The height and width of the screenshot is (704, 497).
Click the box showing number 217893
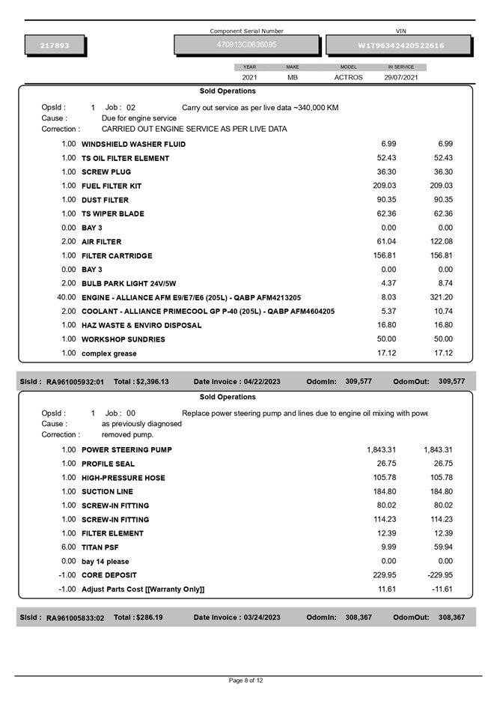(x=55, y=46)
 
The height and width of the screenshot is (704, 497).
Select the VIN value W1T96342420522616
(x=400, y=46)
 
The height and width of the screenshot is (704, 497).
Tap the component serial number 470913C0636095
(x=247, y=45)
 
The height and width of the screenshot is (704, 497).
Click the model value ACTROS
(x=348, y=77)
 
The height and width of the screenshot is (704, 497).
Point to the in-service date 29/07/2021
(x=401, y=77)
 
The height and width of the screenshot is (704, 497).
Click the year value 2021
(x=250, y=77)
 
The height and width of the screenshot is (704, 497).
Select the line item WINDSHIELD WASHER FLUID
(x=133, y=144)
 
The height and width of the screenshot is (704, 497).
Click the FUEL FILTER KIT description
(x=112, y=186)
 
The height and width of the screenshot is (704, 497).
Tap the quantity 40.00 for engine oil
(x=67, y=297)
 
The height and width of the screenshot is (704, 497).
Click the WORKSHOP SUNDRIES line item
(x=123, y=339)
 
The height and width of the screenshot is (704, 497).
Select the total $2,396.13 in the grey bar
(x=141, y=382)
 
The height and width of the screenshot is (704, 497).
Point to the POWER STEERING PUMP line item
(x=126, y=450)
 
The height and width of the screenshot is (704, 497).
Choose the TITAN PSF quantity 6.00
(x=68, y=547)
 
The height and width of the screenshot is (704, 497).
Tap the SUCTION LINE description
(x=107, y=492)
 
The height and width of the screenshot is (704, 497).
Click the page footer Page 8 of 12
(x=246, y=681)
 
